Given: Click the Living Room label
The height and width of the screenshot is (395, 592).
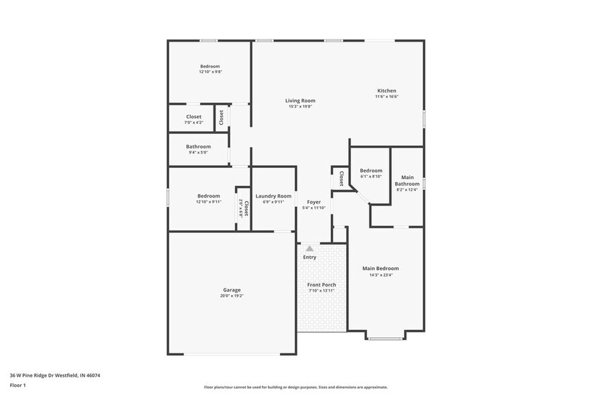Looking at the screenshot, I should [x=300, y=101].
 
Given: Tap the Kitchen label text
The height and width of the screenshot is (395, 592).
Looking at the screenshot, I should [x=387, y=91].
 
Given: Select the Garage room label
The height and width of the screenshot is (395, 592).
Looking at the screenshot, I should [x=232, y=290].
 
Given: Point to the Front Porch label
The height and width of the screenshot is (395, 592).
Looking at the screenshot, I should [x=322, y=285].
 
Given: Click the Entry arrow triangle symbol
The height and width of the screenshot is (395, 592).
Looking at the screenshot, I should [x=309, y=249].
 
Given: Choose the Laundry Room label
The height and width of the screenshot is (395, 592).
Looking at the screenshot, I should [x=274, y=196].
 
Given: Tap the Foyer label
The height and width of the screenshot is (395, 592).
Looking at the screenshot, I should [x=314, y=202].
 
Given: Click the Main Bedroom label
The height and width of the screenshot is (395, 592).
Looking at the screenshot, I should [x=381, y=268].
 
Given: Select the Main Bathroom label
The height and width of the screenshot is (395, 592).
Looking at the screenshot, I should [x=407, y=181].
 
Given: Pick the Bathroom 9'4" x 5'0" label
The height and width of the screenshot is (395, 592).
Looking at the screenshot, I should [x=199, y=146].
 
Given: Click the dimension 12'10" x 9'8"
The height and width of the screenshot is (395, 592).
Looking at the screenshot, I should [x=210, y=72].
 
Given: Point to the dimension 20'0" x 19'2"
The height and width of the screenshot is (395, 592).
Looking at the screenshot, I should [x=232, y=296].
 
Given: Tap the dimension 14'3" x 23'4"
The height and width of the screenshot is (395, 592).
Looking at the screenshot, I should [x=381, y=274].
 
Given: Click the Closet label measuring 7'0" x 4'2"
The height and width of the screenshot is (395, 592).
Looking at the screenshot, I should [x=194, y=117].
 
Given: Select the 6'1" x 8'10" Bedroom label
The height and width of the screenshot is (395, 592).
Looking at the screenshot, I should [x=371, y=171].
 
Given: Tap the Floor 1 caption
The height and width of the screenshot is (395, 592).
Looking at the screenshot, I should [x=18, y=385].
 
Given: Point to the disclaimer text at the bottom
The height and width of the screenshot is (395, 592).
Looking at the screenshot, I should [x=295, y=387].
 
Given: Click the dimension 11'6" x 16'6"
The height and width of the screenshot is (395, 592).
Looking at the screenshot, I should [x=387, y=97].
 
